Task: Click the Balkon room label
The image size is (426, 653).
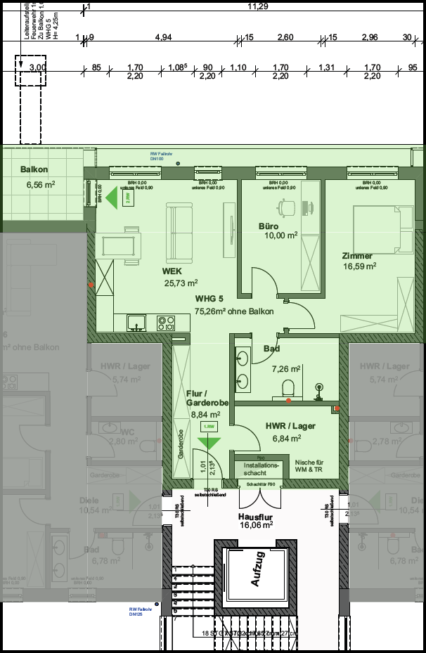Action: click(34, 170)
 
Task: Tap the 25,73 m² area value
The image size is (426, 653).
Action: click(181, 283)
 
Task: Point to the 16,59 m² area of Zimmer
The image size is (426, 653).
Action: click(359, 266)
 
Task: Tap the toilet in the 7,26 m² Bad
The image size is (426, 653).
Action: click(287, 387)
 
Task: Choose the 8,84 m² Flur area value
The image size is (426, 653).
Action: click(205, 415)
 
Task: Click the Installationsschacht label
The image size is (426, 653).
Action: click(261, 470)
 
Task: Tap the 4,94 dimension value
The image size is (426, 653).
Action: click(163, 37)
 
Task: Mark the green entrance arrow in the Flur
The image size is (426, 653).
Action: click(208, 443)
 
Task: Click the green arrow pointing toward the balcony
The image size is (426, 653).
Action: click(112, 197)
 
